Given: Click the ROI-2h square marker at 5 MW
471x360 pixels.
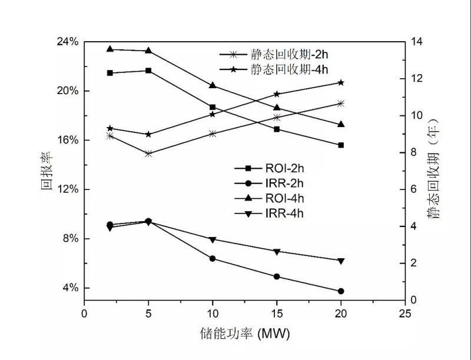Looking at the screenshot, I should coord(148,71).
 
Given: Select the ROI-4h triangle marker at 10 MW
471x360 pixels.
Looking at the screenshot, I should coord(213,85).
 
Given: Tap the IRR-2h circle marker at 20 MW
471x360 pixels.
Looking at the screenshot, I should coord(341,291).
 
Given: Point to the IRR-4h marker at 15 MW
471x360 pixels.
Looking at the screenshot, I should coord(277,252).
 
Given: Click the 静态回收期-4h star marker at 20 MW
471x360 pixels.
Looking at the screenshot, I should coord(341,82).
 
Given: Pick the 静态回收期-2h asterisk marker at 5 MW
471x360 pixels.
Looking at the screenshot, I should coord(148,154).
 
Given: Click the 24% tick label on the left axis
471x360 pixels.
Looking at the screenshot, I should coord(67,42).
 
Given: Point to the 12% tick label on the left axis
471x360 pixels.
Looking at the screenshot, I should coord(67,189).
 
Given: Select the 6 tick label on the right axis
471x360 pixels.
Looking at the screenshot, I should coord(414,189).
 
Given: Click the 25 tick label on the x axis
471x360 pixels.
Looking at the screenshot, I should coord(405,313).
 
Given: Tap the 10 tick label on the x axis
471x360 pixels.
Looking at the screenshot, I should coord(213,313).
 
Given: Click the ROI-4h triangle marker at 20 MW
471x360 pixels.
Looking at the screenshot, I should coord(341,124).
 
